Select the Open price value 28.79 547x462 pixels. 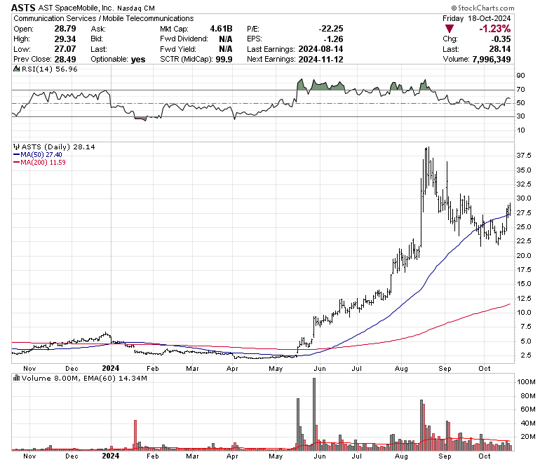(x=65, y=29)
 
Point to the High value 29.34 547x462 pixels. (x=65, y=39)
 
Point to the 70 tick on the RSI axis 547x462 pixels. (x=520, y=90)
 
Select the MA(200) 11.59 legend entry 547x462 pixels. (x=43, y=163)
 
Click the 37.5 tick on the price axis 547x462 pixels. (x=523, y=154)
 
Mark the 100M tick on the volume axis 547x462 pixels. (x=526, y=382)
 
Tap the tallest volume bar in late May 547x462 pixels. (x=313, y=414)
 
